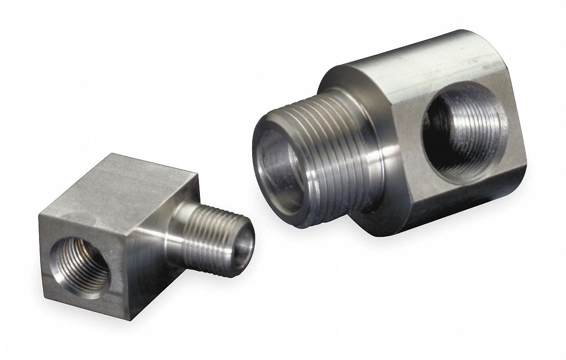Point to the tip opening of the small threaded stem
[x=244, y=239]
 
